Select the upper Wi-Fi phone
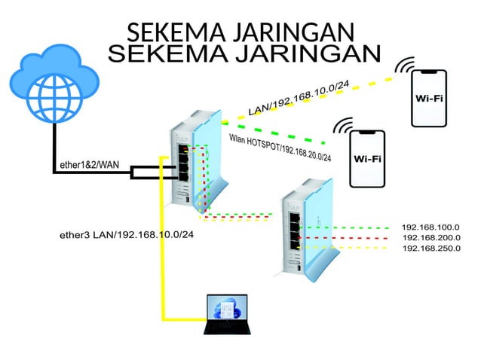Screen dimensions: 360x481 click(x=428, y=98)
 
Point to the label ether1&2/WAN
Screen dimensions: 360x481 click(x=89, y=163)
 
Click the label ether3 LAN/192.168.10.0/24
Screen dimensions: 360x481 click(x=127, y=235)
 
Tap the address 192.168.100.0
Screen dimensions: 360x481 click(x=430, y=227)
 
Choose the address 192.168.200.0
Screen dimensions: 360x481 click(x=430, y=237)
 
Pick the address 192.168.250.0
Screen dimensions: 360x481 click(x=430, y=248)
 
